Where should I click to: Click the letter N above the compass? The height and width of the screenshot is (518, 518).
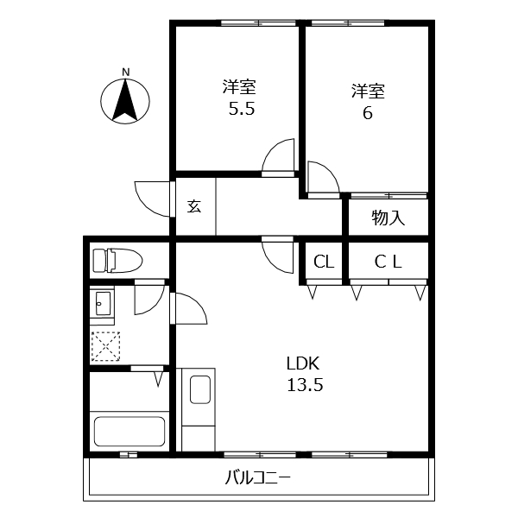click(x=125, y=72)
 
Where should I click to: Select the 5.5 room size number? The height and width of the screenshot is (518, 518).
click(x=242, y=109)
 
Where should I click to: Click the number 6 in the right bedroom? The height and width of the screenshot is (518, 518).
click(x=368, y=113)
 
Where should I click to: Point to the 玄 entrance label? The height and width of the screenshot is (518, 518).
click(x=194, y=206)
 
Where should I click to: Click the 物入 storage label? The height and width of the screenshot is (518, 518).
click(x=388, y=218)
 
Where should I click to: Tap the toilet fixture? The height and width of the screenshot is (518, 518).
click(x=117, y=261)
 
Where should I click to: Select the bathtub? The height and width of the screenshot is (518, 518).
click(x=129, y=432)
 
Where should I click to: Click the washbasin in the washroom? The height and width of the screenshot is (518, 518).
click(x=103, y=304)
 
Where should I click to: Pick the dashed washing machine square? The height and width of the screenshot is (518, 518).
click(x=105, y=346)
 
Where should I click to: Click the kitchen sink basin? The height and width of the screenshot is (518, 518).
click(x=200, y=390)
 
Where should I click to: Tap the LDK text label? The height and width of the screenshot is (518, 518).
click(x=303, y=363)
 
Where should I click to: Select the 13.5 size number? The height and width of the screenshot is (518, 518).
click(x=305, y=385)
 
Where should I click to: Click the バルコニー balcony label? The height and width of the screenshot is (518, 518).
click(x=258, y=478)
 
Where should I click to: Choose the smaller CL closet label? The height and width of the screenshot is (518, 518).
click(x=324, y=262)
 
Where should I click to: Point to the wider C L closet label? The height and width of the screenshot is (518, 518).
click(x=388, y=262)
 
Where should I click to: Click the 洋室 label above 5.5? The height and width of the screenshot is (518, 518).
click(x=239, y=87)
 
